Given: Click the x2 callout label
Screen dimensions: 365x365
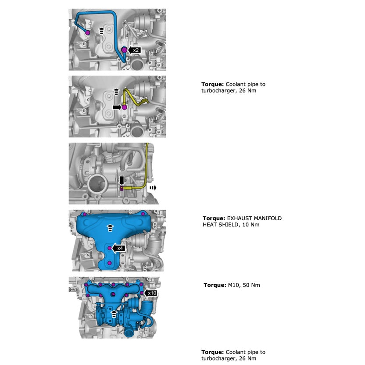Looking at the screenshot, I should pyautogui.click(x=136, y=50).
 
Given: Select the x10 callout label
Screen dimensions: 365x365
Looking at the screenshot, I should pyautogui.click(x=152, y=293).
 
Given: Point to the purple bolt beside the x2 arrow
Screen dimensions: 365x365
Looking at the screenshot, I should pyautogui.click(x=125, y=50).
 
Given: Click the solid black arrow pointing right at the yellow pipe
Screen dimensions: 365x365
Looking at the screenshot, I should pyautogui.click(x=117, y=107).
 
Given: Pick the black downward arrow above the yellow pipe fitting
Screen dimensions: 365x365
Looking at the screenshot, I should pyautogui.click(x=122, y=180).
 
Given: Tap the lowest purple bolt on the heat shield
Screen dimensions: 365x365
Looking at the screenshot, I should pyautogui.click(x=110, y=263).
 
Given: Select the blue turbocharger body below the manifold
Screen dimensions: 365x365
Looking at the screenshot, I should pyautogui.click(x=110, y=320).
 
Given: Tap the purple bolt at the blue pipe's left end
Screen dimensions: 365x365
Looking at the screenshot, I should pyautogui.click(x=88, y=33).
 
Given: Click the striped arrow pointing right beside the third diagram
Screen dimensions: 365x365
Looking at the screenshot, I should pyautogui.click(x=153, y=187).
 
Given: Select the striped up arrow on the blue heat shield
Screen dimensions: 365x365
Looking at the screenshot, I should pyautogui.click(x=110, y=227).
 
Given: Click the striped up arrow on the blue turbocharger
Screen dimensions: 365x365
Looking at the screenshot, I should pyautogui.click(x=114, y=313).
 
